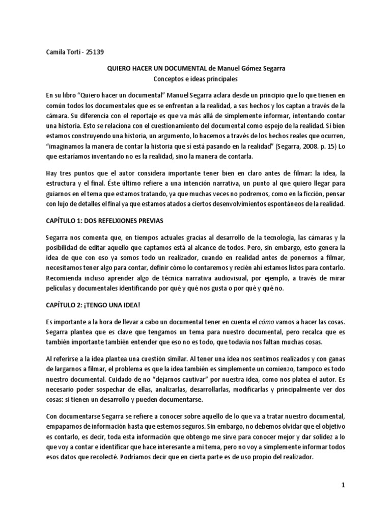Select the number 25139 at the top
pyautogui.click(x=97, y=51)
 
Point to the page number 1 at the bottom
pyautogui.click(x=344, y=485)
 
